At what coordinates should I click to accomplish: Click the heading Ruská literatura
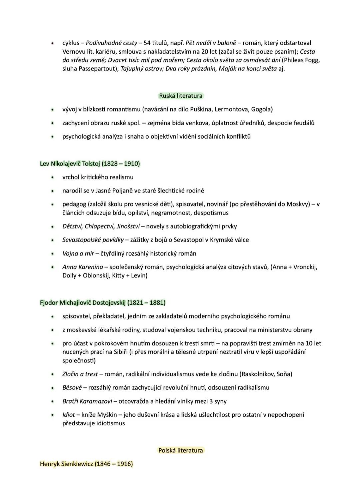(181, 96)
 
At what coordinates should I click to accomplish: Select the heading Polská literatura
(180, 450)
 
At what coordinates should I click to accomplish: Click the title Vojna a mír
(78, 253)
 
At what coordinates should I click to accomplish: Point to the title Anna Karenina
(82, 267)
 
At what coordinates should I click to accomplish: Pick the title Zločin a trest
(80, 374)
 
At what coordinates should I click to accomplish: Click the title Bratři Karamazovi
(87, 401)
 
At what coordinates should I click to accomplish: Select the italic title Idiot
(68, 415)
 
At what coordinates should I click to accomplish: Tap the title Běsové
(72, 388)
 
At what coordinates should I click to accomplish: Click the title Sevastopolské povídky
(93, 240)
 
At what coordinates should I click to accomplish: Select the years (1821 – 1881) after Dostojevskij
(146, 303)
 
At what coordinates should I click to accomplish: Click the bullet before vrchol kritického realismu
(52, 178)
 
